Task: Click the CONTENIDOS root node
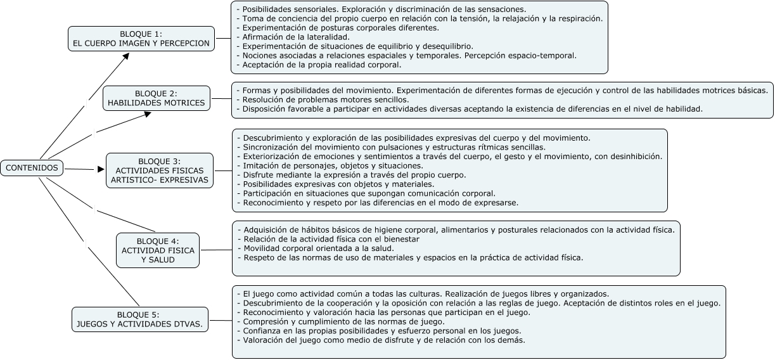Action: pyautogui.click(x=32, y=169)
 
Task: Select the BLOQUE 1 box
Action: pyautogui.click(x=141, y=39)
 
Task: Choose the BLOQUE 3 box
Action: pyautogui.click(x=159, y=170)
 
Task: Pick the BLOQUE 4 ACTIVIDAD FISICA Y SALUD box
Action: pyautogui.click(x=158, y=250)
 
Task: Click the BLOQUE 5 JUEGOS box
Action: pyautogui.click(x=139, y=319)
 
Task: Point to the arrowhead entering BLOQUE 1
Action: pyautogui.click(x=126, y=55)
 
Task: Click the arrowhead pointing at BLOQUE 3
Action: pyautogui.click(x=100, y=170)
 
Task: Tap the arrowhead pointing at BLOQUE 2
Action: pyautogui.click(x=148, y=113)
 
